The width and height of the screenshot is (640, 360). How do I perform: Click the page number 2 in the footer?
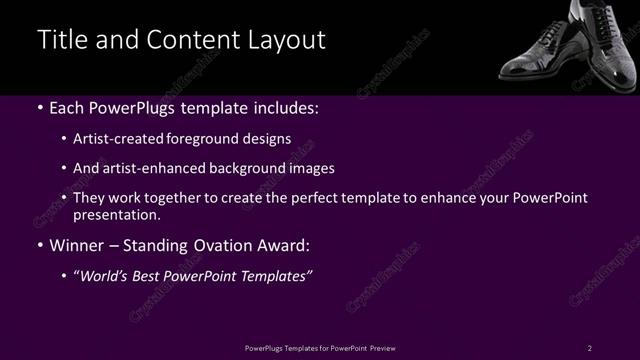coord(590,347)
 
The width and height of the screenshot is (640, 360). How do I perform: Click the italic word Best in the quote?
coord(155,275)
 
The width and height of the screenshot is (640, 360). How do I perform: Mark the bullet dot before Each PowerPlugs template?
coord(39,108)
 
